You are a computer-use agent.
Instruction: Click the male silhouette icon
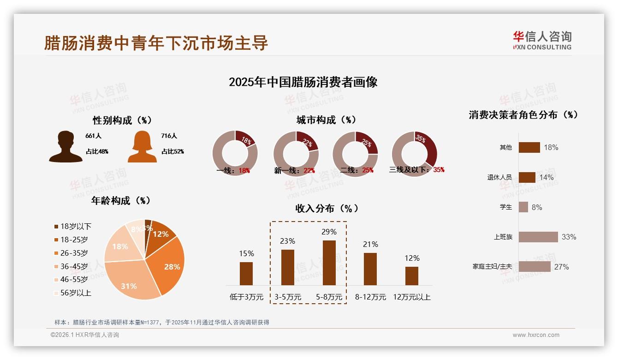pos(66,147)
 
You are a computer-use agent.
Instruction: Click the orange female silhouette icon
pos(142,147)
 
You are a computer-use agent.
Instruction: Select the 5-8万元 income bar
pos(329,263)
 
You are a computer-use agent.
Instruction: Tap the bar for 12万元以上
pos(411,276)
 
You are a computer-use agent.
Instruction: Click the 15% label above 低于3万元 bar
pos(246,253)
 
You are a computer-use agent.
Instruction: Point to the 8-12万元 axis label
pos(370,297)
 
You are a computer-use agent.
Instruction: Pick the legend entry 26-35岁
pos(74,253)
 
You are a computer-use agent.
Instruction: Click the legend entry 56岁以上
pos(75,293)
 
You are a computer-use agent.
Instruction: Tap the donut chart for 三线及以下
pos(414,154)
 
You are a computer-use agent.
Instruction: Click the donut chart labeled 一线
pos(235,154)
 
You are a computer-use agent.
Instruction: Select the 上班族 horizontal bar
pos(538,237)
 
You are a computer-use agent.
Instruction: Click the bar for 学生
pos(523,207)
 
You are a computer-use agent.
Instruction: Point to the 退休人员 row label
pos(499,177)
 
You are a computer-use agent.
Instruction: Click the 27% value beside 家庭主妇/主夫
pos(561,267)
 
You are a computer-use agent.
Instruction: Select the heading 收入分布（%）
pos(327,208)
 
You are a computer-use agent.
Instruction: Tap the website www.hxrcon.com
pos(535,335)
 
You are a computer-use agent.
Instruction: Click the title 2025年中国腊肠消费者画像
pos(303,82)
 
